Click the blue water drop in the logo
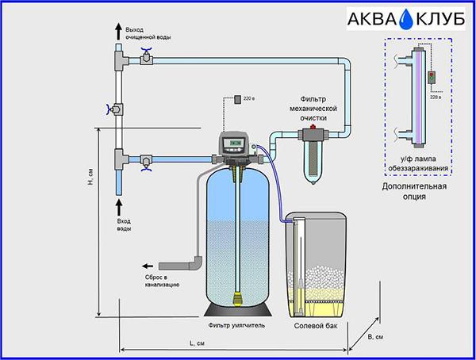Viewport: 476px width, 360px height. point(406,19)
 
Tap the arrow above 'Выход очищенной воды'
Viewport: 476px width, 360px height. point(119,33)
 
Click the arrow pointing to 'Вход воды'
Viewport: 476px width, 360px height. point(119,207)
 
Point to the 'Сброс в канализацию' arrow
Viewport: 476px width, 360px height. point(148,266)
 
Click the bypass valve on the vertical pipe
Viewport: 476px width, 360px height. point(115,109)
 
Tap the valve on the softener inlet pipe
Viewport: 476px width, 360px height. point(146,162)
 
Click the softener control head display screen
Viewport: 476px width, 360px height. point(233,142)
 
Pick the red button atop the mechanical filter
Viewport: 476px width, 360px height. point(313,127)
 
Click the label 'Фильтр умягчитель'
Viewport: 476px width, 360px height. point(236,325)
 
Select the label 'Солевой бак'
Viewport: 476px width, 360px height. point(316,326)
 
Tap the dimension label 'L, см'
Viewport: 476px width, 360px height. point(197,343)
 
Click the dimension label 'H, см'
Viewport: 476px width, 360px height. point(90,177)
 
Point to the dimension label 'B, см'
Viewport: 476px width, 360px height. point(375,337)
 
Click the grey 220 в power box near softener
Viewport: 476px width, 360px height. point(238,99)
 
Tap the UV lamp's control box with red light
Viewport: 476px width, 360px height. point(432,78)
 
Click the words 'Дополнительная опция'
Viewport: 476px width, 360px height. point(414,191)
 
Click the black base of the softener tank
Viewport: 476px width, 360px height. point(238,309)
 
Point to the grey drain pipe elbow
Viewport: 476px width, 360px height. point(197,262)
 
